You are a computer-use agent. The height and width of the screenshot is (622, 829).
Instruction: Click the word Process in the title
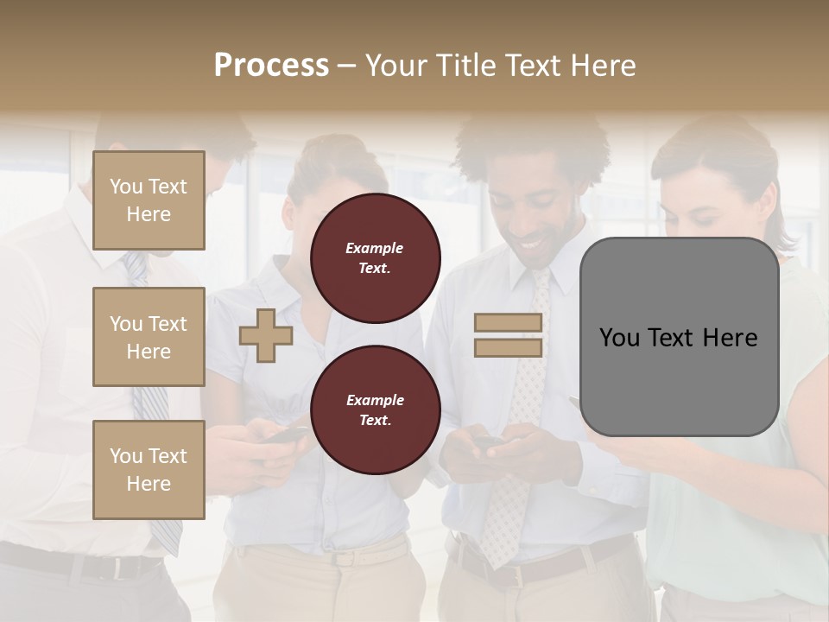(271, 66)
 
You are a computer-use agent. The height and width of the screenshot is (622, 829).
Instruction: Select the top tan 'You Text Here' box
(149, 200)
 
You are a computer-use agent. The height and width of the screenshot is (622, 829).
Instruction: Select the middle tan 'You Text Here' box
(149, 337)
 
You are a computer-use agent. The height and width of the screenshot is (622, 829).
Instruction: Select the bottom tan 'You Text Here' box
(149, 469)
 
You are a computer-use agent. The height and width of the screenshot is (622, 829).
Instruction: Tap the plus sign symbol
(266, 335)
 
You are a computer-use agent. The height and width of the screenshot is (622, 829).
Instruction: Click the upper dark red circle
(376, 258)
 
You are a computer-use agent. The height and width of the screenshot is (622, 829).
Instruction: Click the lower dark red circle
(376, 410)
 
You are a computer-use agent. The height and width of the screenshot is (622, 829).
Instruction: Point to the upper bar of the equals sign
(508, 323)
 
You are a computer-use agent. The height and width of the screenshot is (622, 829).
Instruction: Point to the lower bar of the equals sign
(508, 347)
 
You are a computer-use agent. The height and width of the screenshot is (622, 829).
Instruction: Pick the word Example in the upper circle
(375, 249)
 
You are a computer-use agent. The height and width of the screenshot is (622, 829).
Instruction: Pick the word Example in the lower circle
(375, 401)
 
